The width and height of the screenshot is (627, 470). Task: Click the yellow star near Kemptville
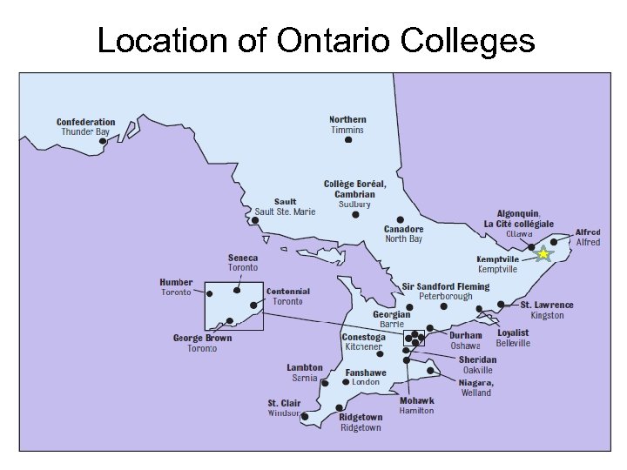(543, 254)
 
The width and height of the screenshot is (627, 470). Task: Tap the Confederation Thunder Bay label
(85, 127)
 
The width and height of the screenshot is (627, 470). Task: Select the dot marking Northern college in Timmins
(348, 139)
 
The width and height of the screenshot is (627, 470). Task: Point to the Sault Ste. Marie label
(285, 207)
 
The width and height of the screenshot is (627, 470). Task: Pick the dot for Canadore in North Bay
(400, 219)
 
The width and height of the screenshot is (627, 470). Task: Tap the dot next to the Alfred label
(554, 242)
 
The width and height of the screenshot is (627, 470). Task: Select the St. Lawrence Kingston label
(547, 310)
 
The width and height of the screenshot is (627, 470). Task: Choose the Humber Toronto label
(176, 287)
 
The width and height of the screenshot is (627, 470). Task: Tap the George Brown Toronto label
(202, 343)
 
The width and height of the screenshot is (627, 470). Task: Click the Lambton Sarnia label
(305, 373)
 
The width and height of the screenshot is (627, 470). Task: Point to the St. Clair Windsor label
(284, 407)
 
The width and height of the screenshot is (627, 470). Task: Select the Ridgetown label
(361, 422)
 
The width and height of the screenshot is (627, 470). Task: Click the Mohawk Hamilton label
(417, 406)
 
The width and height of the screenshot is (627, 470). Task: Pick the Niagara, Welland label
(476, 387)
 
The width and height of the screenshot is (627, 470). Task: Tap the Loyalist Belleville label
(513, 338)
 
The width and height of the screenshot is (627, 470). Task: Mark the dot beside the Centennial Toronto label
(253, 305)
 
